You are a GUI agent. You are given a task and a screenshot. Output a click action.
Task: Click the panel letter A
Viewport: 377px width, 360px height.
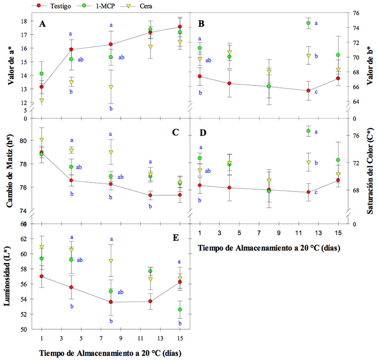pos(43,24)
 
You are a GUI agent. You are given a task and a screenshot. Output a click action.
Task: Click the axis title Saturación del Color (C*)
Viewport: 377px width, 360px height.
pos(371,170)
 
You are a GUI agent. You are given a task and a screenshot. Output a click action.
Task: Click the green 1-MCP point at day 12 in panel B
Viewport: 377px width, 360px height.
pos(308,23)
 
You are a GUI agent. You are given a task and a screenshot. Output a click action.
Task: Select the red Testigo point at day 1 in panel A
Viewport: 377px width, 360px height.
pos(42,87)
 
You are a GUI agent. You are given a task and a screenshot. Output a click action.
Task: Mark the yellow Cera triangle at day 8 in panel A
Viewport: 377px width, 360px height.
pos(111,87)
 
